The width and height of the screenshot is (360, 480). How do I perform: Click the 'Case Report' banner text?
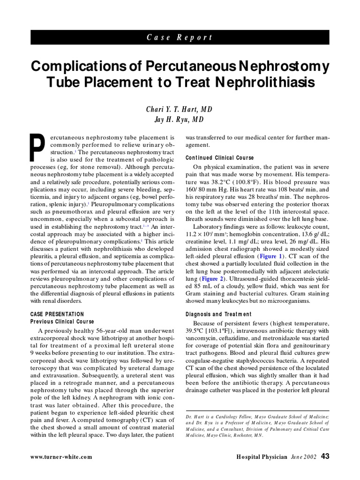tap(180, 37)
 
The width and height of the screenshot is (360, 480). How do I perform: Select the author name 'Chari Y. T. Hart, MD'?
tap(180, 109)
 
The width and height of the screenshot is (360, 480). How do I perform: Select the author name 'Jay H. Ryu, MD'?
tap(180, 120)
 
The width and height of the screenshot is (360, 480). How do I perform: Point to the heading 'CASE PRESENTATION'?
tap(57, 314)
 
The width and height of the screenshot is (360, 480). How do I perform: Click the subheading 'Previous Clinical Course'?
tap(62, 322)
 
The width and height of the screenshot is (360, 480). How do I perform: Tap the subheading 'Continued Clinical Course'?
tap(219, 157)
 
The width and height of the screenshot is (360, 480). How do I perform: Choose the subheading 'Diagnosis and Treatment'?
tap(218, 314)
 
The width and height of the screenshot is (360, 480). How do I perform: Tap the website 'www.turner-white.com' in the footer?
tap(61, 457)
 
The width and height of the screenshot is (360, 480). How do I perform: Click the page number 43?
tap(325, 456)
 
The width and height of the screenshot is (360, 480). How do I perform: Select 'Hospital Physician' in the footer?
tap(262, 457)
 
